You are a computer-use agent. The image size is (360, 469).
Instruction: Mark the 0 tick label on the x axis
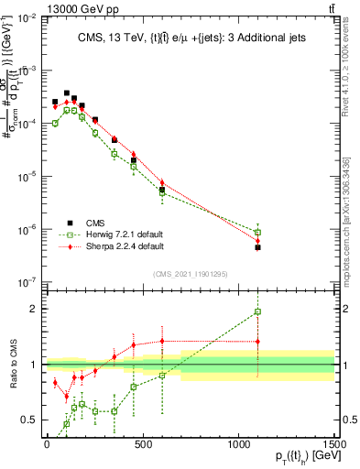(47, 444)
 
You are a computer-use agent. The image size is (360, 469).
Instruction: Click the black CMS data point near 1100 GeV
(258, 247)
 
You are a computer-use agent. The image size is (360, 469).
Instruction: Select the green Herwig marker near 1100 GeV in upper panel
(258, 232)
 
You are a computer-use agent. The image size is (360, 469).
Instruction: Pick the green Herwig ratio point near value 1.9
(258, 311)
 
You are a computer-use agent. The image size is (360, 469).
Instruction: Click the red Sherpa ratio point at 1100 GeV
(258, 342)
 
